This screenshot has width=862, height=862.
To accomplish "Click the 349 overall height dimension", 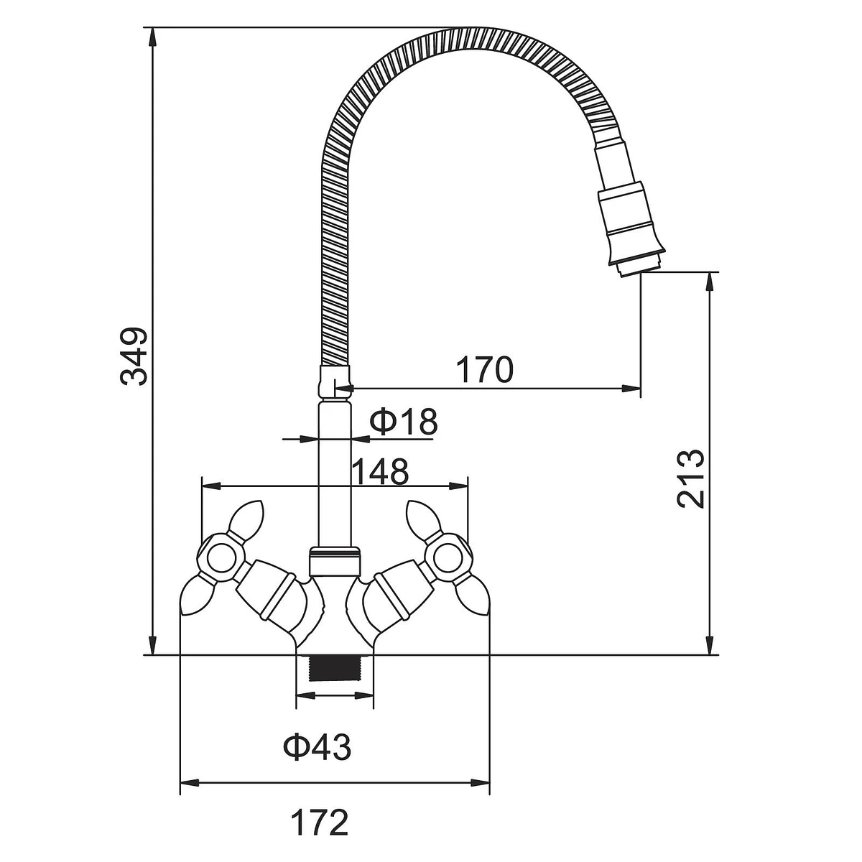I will pyautogui.click(x=134, y=356).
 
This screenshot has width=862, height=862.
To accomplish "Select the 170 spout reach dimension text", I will pyautogui.click(x=485, y=370).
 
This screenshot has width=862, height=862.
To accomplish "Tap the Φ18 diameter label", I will pyautogui.click(x=404, y=422).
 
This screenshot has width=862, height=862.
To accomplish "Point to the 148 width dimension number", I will pyautogui.click(x=380, y=472).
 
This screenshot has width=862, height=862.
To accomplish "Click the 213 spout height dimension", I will pyautogui.click(x=692, y=479).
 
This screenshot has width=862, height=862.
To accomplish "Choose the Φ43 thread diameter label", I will pyautogui.click(x=318, y=748).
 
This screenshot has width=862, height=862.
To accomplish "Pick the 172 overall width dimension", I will pyautogui.click(x=320, y=822).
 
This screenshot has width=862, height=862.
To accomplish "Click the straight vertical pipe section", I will pyautogui.click(x=334, y=474).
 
